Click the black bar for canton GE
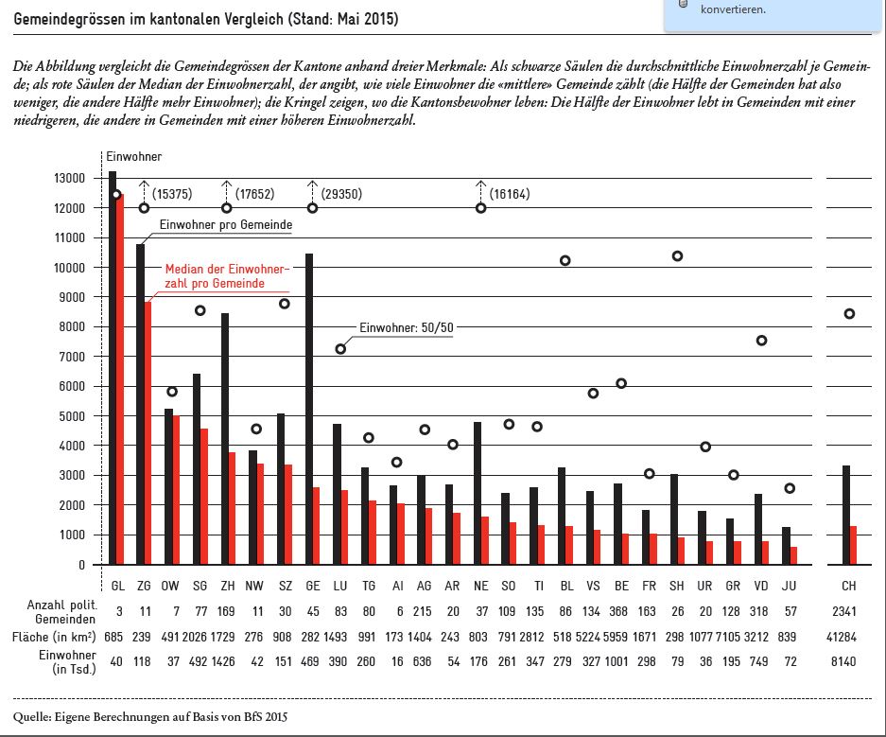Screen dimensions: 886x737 point(309,410)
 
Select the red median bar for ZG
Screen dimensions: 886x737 point(148,433)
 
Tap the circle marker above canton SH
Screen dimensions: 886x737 point(677,256)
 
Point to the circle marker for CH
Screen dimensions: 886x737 point(849,314)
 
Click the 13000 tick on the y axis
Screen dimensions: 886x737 point(70,178)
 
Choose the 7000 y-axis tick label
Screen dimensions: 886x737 point(72,357)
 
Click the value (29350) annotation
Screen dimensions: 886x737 point(341,194)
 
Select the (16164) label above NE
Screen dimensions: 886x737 point(510,194)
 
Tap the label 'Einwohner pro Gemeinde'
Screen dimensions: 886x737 point(226,224)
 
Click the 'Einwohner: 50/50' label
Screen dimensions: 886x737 point(407,327)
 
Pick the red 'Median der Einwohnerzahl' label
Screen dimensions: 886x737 point(227,276)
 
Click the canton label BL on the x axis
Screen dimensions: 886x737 point(566,586)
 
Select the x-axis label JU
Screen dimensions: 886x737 point(789,586)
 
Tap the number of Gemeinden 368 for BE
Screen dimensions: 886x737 point(618,611)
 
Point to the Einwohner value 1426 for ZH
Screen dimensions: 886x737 point(222,661)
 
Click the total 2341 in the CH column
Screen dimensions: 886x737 point(844,611)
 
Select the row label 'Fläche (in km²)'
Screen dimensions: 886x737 point(54,637)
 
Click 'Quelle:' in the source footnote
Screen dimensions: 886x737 point(32,717)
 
